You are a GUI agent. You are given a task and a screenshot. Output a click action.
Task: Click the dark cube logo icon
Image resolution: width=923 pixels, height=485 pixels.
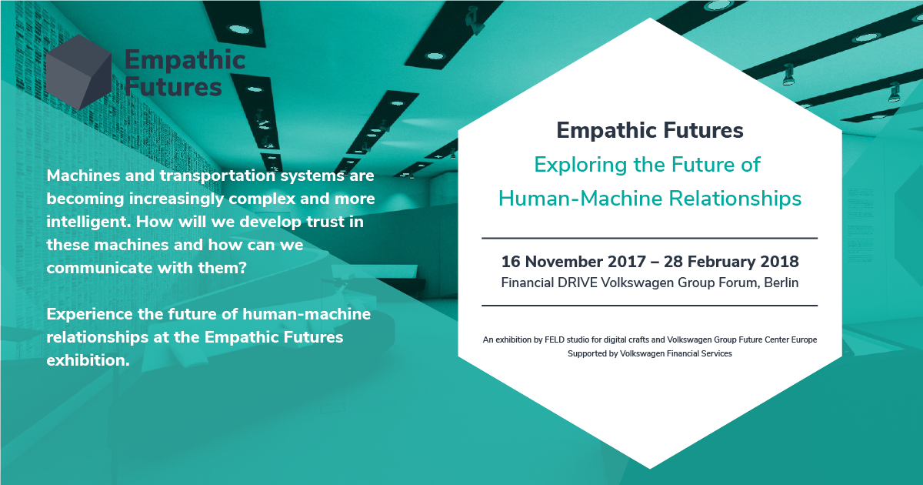pos(78,72)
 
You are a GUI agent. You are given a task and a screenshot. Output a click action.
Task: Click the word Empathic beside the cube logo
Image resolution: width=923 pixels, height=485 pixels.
pos(185,61)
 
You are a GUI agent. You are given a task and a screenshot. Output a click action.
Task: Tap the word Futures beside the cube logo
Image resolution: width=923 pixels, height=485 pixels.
pos(173,87)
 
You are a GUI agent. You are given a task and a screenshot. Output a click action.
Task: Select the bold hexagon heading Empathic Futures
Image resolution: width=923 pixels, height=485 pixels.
pos(650,131)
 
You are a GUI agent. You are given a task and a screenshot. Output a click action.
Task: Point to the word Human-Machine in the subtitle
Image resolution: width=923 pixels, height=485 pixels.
pos(581,199)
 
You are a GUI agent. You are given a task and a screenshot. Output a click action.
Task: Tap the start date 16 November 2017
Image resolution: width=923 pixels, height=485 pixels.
pos(573,262)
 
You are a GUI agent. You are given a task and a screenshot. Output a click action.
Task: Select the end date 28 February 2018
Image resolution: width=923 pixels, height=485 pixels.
pos(731,262)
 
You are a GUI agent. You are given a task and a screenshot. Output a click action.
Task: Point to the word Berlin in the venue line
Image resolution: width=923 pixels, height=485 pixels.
pos(781,283)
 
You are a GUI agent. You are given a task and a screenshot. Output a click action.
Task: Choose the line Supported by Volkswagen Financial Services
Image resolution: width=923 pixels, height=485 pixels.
pos(650,354)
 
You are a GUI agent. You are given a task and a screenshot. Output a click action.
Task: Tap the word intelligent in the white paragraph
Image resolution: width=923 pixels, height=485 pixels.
pos(88,222)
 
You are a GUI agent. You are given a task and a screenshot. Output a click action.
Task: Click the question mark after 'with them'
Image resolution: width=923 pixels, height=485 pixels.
pos(243,268)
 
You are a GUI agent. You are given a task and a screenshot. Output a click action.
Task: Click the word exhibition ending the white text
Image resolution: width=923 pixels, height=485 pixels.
pos(88,361)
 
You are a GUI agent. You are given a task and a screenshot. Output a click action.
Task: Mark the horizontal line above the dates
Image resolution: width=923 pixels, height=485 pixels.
pos(649,238)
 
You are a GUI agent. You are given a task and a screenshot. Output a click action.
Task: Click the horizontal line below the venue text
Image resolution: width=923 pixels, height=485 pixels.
pos(649,306)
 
